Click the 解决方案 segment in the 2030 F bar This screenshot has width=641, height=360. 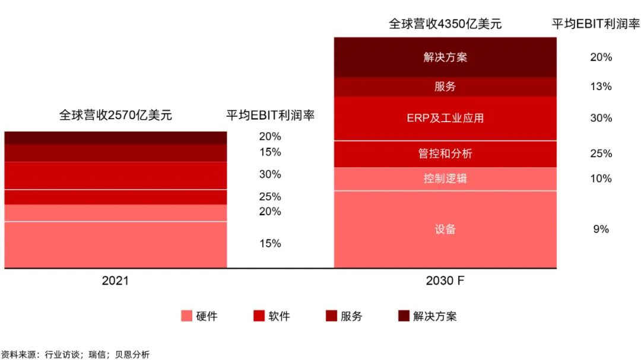click(445, 58)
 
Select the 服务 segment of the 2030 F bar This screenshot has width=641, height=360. click(445, 87)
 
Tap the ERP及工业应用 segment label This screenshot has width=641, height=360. click(445, 118)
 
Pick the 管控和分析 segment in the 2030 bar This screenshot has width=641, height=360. click(445, 154)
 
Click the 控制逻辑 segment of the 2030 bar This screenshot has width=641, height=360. click(445, 178)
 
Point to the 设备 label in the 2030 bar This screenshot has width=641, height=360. click(445, 230)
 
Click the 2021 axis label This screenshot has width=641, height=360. click(115, 281)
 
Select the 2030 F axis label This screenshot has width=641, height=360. click(445, 281)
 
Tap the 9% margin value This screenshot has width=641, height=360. click(601, 230)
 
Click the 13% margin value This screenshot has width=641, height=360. click(601, 87)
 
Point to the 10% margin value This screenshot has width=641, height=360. click(601, 178)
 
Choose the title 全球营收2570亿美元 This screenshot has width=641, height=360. click(115, 115)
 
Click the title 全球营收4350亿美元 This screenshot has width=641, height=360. click(445, 24)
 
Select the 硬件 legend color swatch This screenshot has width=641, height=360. click(186, 316)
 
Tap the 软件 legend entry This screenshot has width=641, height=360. click(272, 316)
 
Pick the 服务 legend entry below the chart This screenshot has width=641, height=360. click(344, 316)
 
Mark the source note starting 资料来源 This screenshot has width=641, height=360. click(75, 354)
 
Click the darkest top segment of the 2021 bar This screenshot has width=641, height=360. click(115, 138)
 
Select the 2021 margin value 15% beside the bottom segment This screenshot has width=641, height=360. click(270, 244)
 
